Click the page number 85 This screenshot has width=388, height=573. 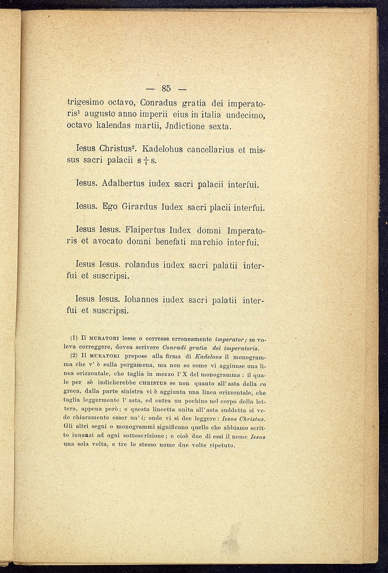point(166,88)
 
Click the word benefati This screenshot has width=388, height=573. point(166,242)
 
